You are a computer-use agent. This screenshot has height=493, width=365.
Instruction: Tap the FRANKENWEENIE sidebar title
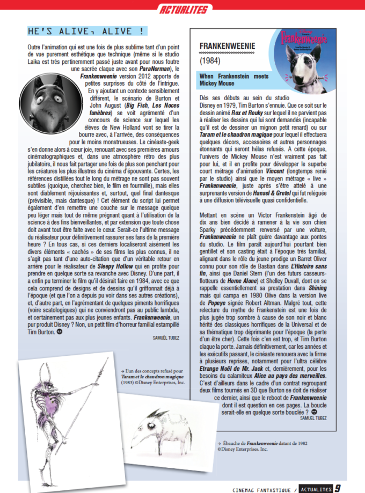(x=228, y=46)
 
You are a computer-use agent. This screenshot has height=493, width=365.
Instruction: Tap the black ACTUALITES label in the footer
(x=316, y=488)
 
